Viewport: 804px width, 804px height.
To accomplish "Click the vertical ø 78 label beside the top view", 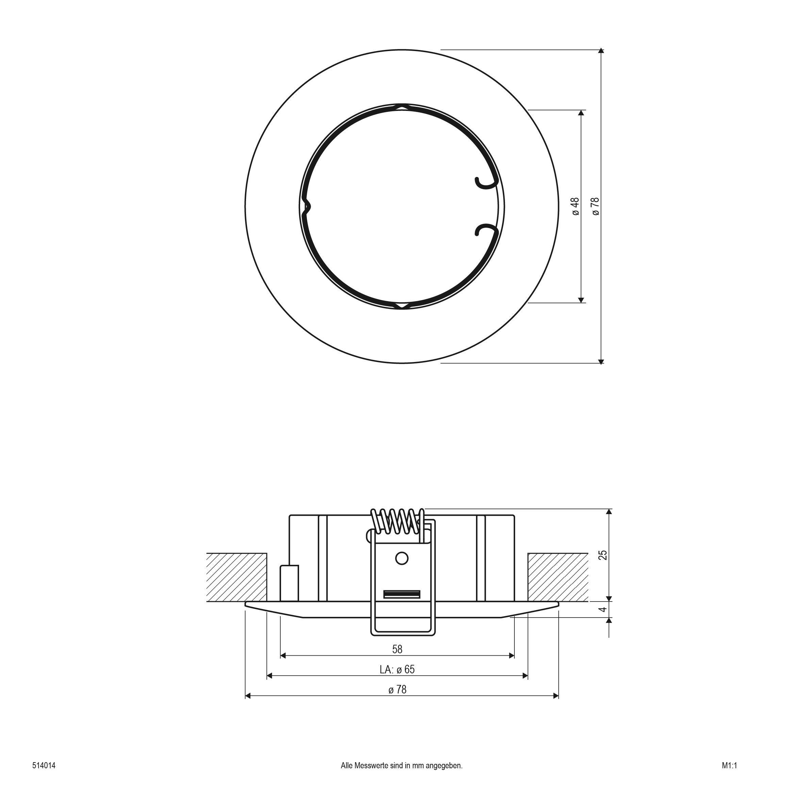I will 595,207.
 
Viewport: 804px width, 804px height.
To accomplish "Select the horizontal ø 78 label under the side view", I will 397,690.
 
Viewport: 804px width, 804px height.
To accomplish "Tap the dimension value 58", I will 397,649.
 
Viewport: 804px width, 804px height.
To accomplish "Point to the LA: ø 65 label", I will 397,669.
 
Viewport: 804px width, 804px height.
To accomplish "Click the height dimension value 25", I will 603,555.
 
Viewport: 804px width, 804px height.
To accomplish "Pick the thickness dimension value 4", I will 603,609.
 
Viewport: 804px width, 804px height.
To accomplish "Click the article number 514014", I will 44,765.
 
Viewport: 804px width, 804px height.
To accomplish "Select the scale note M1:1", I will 729,765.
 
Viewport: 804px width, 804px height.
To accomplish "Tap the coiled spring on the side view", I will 397,521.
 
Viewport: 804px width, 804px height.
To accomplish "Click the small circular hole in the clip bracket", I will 401,558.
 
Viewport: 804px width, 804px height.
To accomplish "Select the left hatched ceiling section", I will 236,577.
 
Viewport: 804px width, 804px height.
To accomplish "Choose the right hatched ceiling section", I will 558,577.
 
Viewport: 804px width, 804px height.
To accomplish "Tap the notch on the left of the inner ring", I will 307,207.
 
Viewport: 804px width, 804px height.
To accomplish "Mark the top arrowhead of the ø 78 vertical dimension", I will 601,51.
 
